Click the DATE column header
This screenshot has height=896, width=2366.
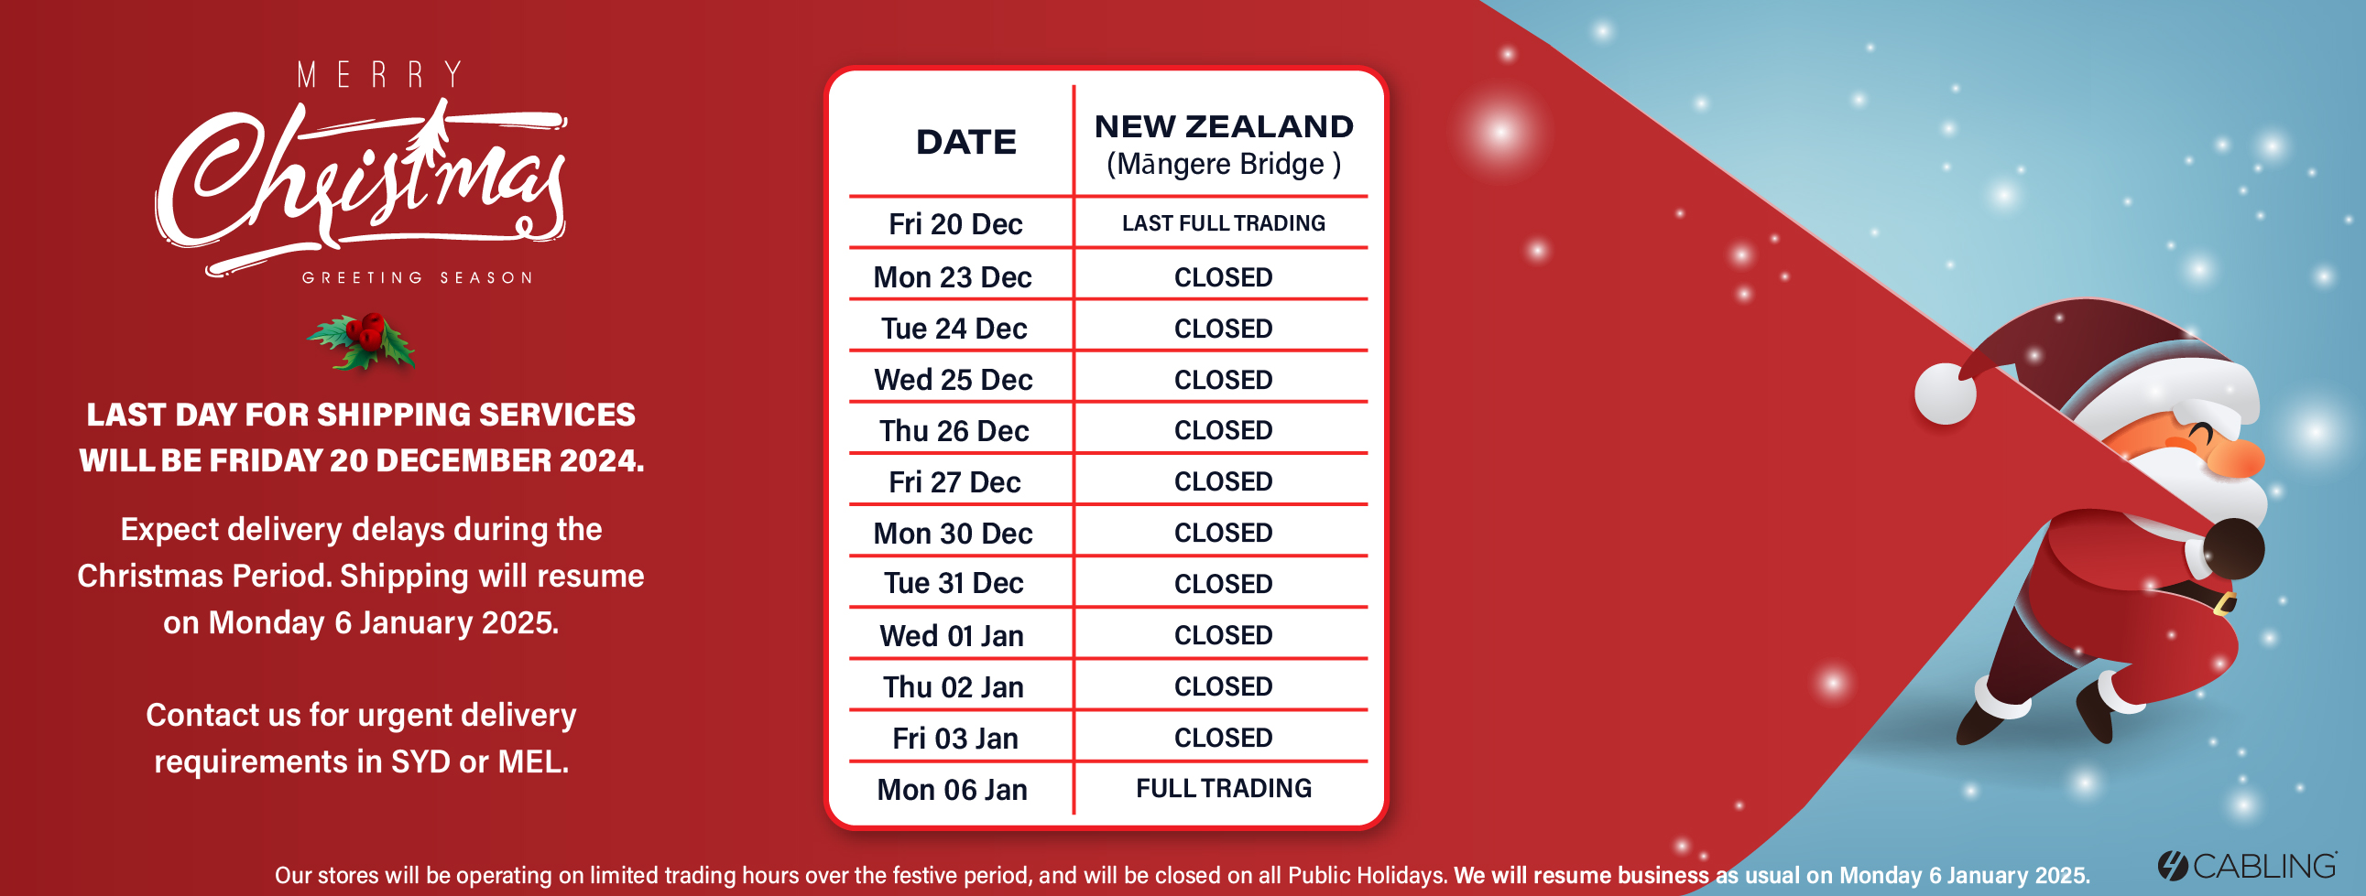pos(966,142)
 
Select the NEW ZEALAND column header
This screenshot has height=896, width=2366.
pos(1224,126)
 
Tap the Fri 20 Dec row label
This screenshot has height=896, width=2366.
pos(955,224)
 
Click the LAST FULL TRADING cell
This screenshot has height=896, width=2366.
pos(1224,223)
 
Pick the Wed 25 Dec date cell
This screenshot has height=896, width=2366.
pos(954,379)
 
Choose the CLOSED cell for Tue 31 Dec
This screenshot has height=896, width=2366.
pos(1224,584)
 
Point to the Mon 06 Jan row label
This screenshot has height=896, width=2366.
pos(953,790)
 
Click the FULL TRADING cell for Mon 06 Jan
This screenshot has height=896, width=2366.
pos(1224,788)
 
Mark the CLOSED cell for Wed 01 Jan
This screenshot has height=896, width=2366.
pos(1224,635)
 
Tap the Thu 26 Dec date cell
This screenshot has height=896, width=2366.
pos(954,430)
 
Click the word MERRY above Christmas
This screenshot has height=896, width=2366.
pos(379,75)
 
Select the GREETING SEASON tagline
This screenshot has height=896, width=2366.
pos(418,277)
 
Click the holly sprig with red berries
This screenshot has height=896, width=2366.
pos(362,341)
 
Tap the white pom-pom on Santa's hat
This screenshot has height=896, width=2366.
pos(1946,394)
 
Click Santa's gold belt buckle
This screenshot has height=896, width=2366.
pos(2225,603)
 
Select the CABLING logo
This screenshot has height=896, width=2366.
pos(2247,866)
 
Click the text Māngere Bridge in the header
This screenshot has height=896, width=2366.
pos(1223,165)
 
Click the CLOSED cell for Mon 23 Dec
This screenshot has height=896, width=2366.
pos(1224,277)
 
